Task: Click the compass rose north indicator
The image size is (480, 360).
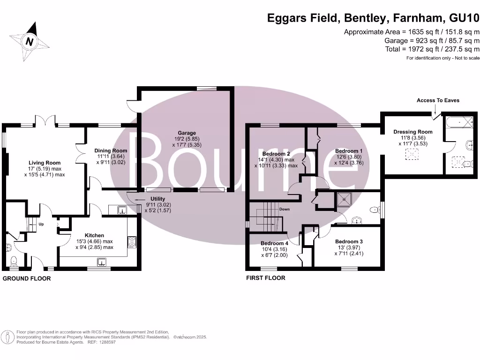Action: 30,42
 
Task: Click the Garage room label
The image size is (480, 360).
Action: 187,133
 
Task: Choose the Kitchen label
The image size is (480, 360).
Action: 94,235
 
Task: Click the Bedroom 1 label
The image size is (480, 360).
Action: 349,151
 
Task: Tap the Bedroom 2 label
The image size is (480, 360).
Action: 276,154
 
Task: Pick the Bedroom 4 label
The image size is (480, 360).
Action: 275,243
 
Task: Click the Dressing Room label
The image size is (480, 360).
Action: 412,132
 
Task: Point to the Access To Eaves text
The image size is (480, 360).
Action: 438,100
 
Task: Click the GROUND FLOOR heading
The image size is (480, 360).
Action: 27,278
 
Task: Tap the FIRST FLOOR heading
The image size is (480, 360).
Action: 266,278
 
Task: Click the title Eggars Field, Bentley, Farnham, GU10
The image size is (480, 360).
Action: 373,18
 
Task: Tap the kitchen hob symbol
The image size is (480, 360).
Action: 131,242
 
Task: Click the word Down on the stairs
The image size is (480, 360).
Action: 284,209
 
